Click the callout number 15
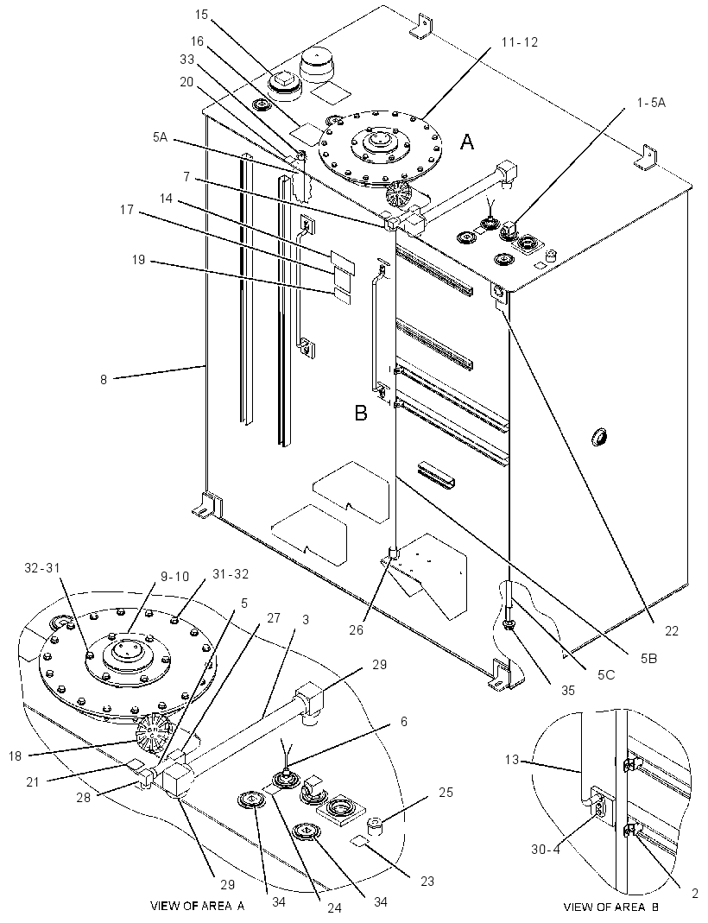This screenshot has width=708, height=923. pyautogui.click(x=201, y=15)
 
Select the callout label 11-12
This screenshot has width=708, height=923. pyautogui.click(x=519, y=41)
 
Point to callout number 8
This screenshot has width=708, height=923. pyautogui.click(x=104, y=380)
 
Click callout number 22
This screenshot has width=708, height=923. pyautogui.click(x=671, y=631)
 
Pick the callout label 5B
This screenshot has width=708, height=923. pyautogui.click(x=648, y=659)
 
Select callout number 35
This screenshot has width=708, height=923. pyautogui.click(x=567, y=690)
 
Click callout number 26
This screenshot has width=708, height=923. pyautogui.click(x=372, y=629)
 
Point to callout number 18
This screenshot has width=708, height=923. pyautogui.click(x=15, y=755)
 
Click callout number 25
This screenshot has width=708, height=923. pyautogui.click(x=446, y=793)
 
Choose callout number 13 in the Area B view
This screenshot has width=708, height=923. pyautogui.click(x=511, y=759)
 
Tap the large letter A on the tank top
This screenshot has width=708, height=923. pyautogui.click(x=467, y=142)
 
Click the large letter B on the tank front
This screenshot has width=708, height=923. pyautogui.click(x=361, y=414)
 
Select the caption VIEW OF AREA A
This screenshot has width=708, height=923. pyautogui.click(x=198, y=905)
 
